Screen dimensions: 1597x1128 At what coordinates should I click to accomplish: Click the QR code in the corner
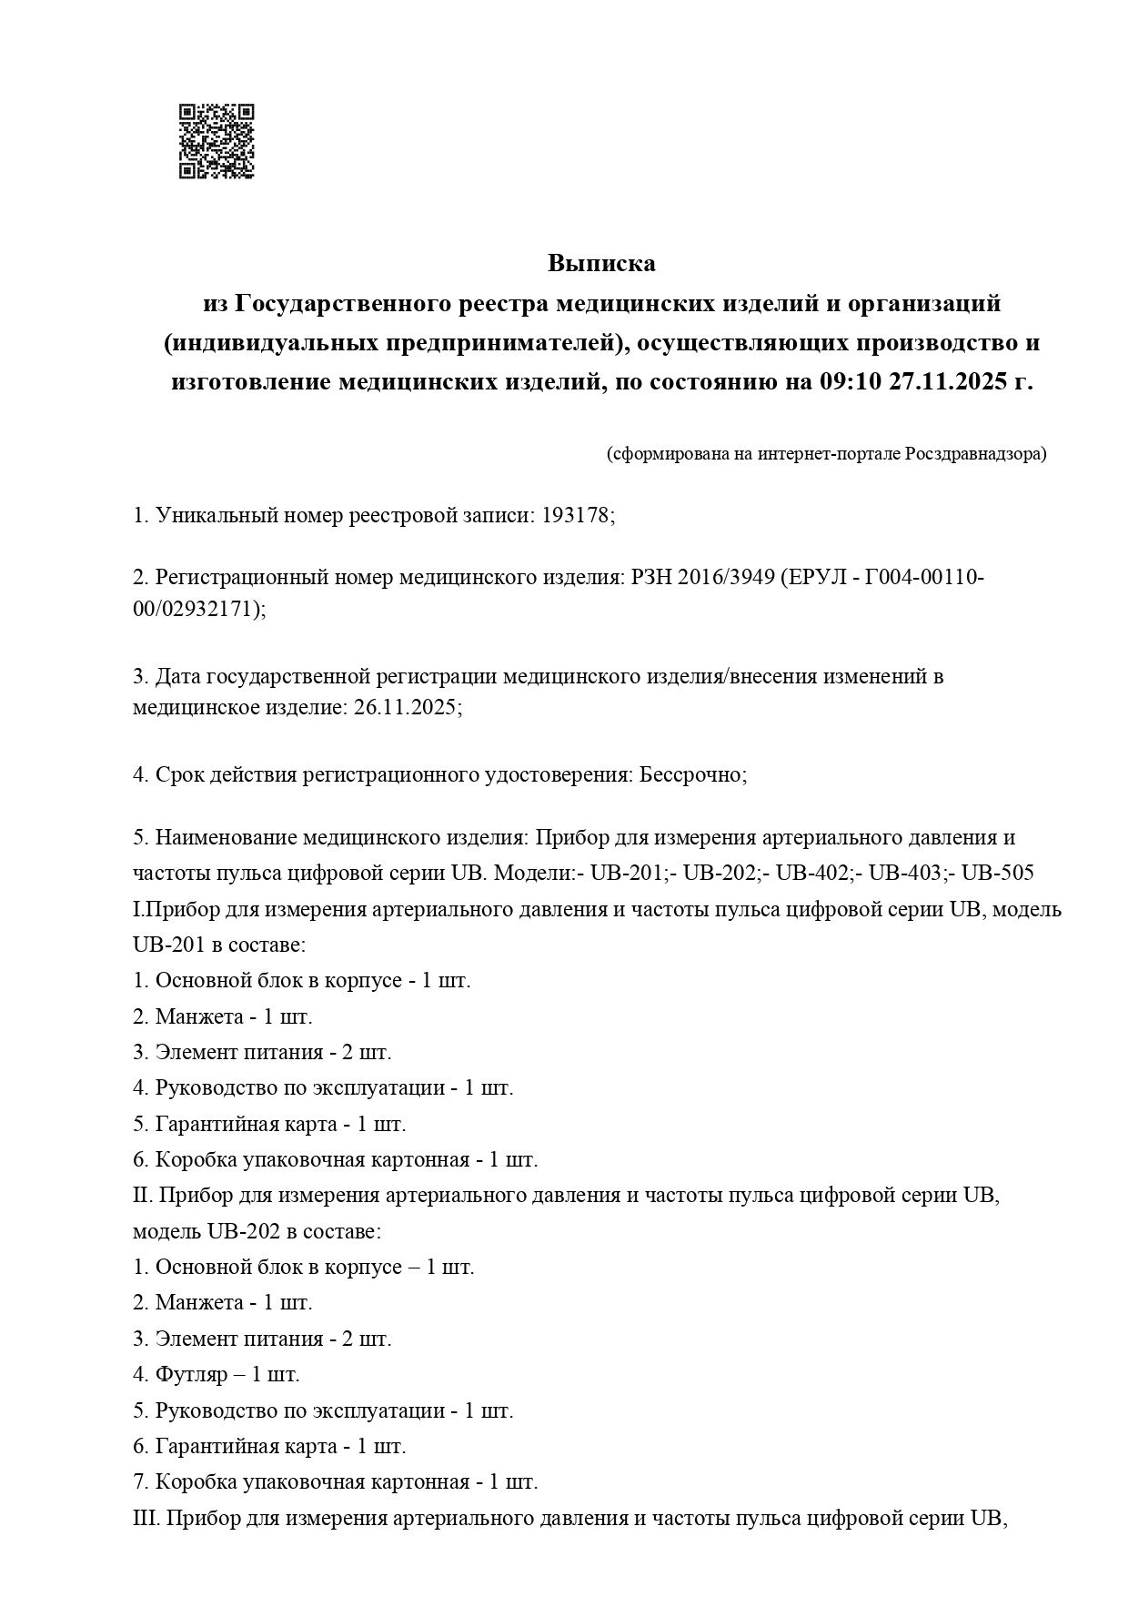point(217,141)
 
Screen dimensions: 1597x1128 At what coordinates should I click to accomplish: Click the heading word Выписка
point(601,264)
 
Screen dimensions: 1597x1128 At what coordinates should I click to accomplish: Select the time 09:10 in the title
point(851,382)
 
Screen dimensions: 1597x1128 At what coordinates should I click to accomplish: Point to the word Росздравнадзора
point(975,453)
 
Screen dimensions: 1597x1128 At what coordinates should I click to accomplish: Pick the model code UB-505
point(998,873)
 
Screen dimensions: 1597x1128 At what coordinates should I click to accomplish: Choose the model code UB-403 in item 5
point(905,873)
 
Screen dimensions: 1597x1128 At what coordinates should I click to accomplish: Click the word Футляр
point(191,1374)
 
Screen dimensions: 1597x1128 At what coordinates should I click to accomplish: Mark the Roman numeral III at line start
point(146,1518)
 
